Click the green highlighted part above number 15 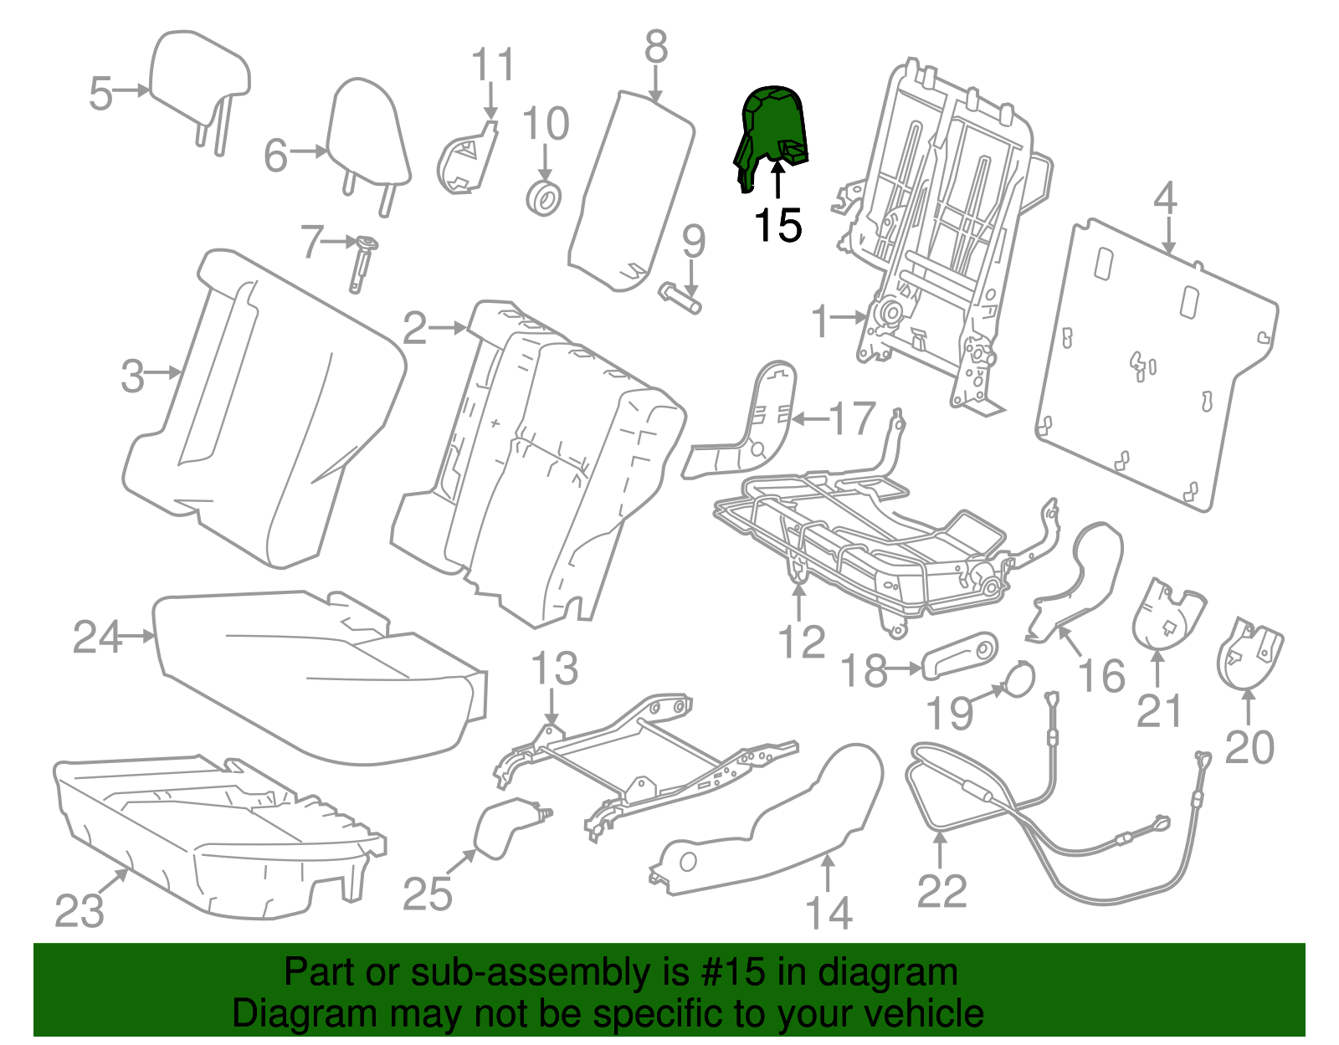click(x=772, y=130)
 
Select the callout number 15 click(x=777, y=226)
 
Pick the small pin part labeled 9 click(x=680, y=298)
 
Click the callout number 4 click(x=1165, y=199)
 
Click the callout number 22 click(x=941, y=891)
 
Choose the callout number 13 click(x=554, y=669)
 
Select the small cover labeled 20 click(x=1249, y=653)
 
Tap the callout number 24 click(x=97, y=638)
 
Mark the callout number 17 click(x=852, y=418)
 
